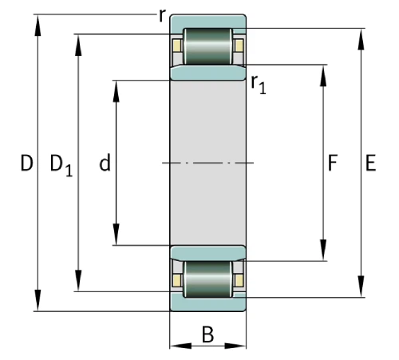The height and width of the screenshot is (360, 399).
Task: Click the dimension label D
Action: pos(27,164)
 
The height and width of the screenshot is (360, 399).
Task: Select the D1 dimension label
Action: pos(60,165)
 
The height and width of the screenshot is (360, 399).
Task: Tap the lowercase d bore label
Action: pos(104,164)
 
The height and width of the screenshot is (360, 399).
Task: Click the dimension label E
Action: pos(369,164)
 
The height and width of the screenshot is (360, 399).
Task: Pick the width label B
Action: pos(207,334)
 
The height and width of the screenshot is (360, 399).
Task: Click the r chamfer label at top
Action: pos(162,15)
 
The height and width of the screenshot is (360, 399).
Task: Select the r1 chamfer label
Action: pos(258,83)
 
